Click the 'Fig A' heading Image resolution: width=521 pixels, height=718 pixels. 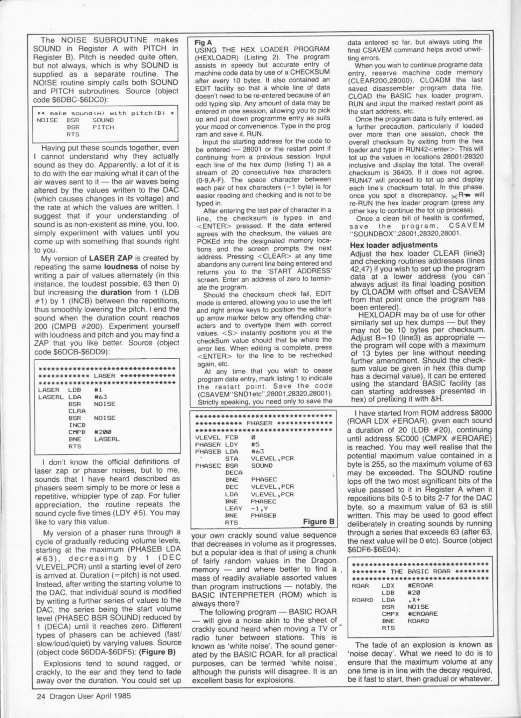(203, 43)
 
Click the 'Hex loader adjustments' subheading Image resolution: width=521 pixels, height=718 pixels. (394, 245)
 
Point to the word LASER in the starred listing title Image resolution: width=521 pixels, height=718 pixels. (104, 376)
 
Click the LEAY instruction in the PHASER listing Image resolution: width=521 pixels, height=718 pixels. (232, 508)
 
